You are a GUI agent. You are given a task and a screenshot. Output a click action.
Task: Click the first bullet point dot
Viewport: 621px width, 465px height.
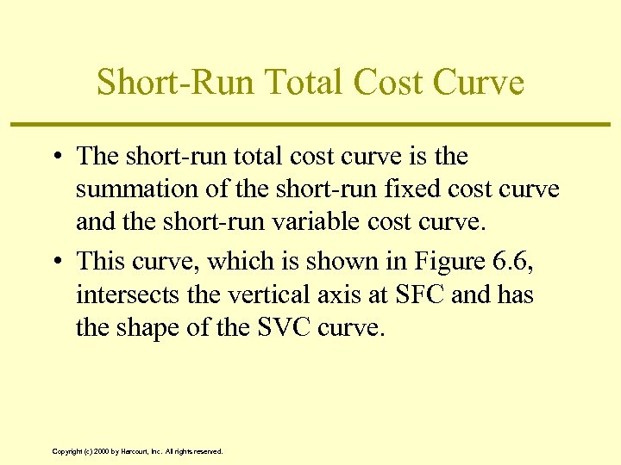[x=54, y=157]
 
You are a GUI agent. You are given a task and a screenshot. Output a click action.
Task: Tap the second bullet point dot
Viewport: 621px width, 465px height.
[x=54, y=262]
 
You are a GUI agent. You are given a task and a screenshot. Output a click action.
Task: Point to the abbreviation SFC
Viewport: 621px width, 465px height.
[x=421, y=294]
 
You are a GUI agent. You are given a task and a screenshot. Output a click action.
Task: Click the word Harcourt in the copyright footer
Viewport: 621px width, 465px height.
[x=138, y=451]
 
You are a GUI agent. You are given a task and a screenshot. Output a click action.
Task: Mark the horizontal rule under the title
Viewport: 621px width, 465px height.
[x=310, y=126]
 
